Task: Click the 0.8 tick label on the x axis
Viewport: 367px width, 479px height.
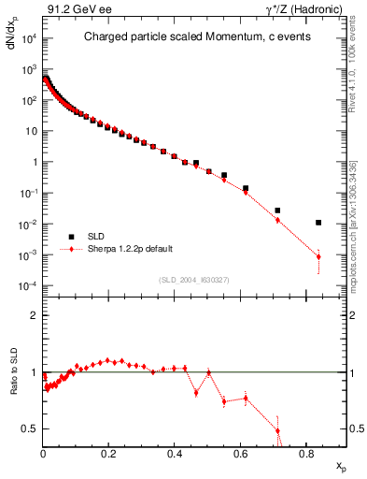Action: pos(306,455)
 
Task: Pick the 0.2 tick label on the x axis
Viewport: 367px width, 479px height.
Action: pos(108,455)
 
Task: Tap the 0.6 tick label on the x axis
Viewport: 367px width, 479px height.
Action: pos(240,455)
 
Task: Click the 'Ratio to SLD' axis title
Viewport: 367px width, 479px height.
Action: pos(12,386)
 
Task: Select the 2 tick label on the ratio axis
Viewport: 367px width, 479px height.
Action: pos(34,315)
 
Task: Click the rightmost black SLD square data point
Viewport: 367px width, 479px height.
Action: pos(318,223)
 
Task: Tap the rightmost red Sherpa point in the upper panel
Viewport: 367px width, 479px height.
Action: pos(318,256)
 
